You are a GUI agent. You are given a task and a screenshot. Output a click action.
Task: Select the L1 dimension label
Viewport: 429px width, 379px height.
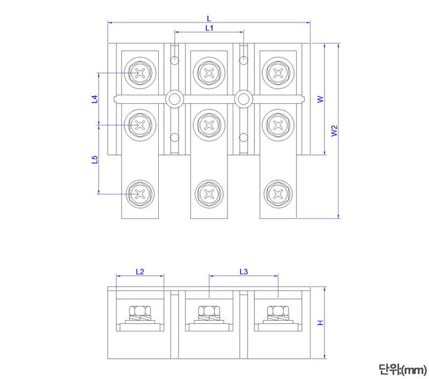pyautogui.click(x=209, y=28)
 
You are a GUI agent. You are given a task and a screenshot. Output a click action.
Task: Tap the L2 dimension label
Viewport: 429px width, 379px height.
pyautogui.click(x=139, y=271)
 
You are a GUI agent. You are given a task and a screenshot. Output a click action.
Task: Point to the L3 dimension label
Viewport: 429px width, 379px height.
pyautogui.click(x=243, y=271)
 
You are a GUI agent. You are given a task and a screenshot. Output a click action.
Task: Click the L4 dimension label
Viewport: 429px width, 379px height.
pyautogui.click(x=94, y=100)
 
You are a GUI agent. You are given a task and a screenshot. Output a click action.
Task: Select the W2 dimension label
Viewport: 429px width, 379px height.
pyautogui.click(x=334, y=131)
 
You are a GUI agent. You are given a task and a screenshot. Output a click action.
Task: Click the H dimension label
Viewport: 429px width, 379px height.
pyautogui.click(x=320, y=323)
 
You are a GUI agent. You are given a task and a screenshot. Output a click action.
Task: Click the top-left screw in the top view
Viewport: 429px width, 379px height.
pyautogui.click(x=140, y=73)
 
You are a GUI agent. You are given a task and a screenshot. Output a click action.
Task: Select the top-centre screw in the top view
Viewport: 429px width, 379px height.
pyautogui.click(x=209, y=73)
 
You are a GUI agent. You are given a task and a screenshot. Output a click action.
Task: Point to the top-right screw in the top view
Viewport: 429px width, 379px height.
pyautogui.click(x=278, y=73)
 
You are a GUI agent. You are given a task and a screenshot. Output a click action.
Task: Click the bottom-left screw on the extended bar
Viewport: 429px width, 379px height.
pyautogui.click(x=140, y=193)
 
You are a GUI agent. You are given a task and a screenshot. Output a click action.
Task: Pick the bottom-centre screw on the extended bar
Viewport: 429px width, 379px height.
pyautogui.click(x=209, y=193)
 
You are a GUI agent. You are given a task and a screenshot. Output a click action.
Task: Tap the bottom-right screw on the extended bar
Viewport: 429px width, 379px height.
pyautogui.click(x=278, y=193)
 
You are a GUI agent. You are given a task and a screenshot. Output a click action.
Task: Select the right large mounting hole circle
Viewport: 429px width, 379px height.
pyautogui.click(x=243, y=98)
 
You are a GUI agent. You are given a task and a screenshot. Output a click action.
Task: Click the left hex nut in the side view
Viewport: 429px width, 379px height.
pyautogui.click(x=140, y=311)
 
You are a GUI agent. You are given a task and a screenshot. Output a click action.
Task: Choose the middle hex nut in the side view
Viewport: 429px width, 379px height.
pyautogui.click(x=209, y=311)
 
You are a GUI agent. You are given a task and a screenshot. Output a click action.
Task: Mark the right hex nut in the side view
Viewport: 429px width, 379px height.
pyautogui.click(x=278, y=311)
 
